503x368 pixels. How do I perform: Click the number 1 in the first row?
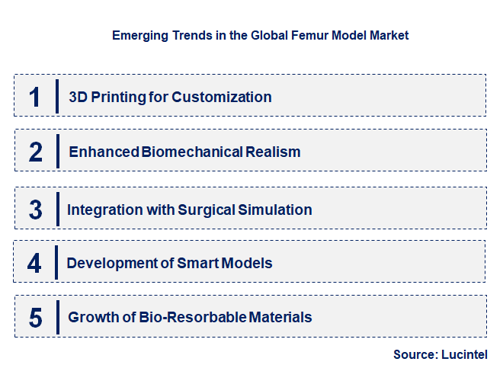[35, 97]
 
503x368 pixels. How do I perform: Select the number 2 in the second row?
[35, 152]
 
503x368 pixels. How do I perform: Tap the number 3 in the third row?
[35, 210]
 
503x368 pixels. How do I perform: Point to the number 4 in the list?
[35, 263]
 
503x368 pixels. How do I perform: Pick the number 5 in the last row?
[35, 317]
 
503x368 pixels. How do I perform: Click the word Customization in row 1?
[222, 97]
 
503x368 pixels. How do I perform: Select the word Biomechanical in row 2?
[191, 152]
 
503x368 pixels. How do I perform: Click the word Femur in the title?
[305, 35]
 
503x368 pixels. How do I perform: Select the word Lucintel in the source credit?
[462, 354]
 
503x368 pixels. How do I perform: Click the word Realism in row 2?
[273, 152]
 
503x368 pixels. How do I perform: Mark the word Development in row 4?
[107, 263]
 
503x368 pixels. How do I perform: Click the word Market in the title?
[389, 35]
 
